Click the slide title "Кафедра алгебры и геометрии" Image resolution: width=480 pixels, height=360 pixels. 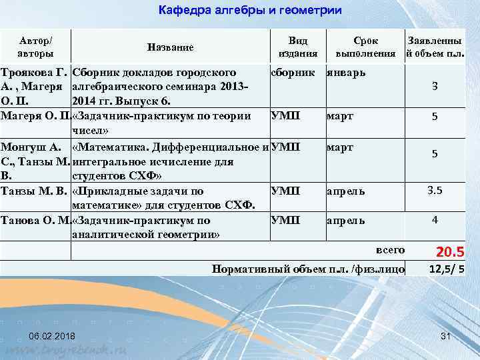click(250, 11)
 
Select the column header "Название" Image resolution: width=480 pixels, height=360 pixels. click(170, 47)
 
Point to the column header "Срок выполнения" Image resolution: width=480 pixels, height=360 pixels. click(365, 47)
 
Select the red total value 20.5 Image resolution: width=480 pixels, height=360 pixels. click(449, 252)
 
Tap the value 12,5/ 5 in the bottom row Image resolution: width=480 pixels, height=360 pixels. click(447, 269)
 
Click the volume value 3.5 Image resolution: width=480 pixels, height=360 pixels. click(435, 191)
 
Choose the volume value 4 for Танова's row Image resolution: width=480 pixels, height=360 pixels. click(435, 219)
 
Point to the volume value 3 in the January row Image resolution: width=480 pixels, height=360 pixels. click(435, 86)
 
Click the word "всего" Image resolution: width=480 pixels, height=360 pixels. click(390, 250)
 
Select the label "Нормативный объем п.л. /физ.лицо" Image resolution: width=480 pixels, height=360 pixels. click(308, 269)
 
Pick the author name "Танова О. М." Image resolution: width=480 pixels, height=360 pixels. click(35, 221)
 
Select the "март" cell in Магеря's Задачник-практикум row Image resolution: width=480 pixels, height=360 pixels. click(340, 116)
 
